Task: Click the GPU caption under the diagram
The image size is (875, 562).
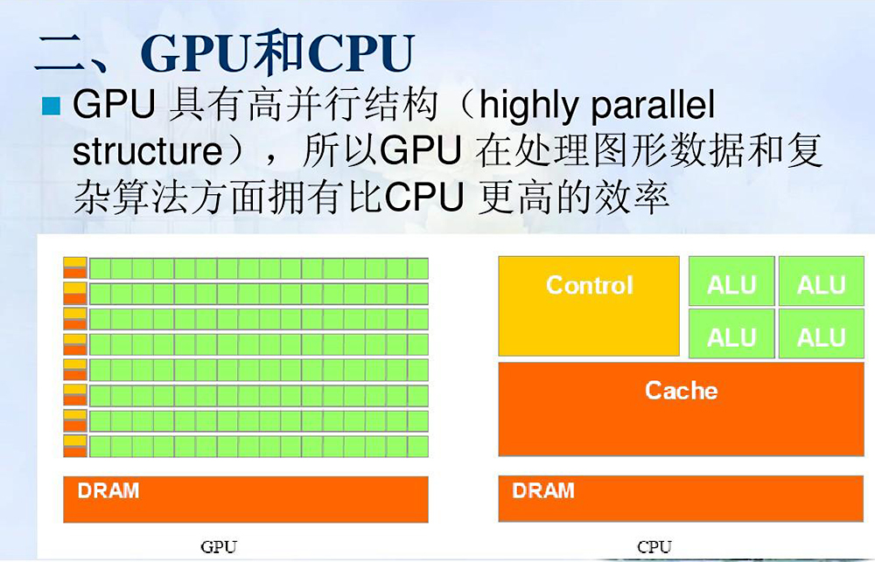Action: click(x=219, y=547)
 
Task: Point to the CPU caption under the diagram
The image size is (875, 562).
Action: click(x=654, y=547)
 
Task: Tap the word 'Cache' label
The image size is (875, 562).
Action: click(x=681, y=390)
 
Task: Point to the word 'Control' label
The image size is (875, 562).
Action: click(x=589, y=285)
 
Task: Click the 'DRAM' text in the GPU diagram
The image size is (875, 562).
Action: click(x=108, y=490)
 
